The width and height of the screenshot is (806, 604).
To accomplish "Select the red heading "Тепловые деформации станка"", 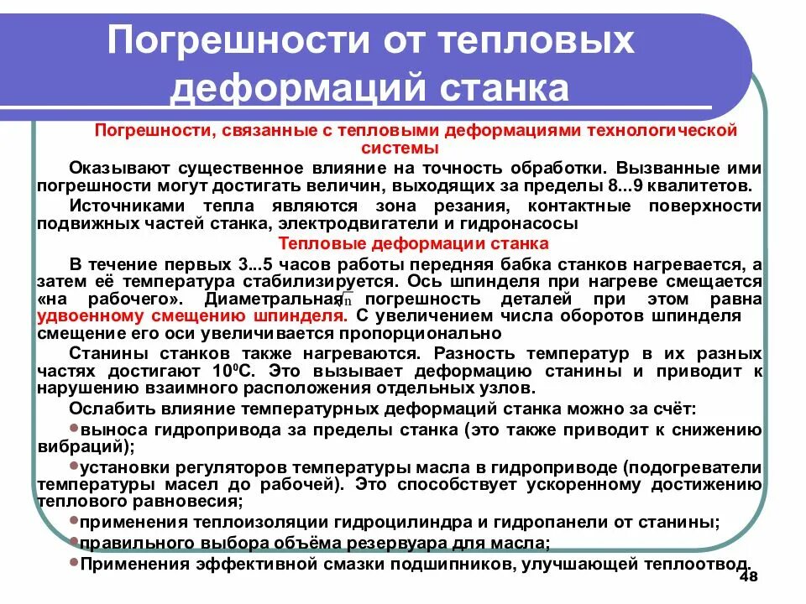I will [413, 243].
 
